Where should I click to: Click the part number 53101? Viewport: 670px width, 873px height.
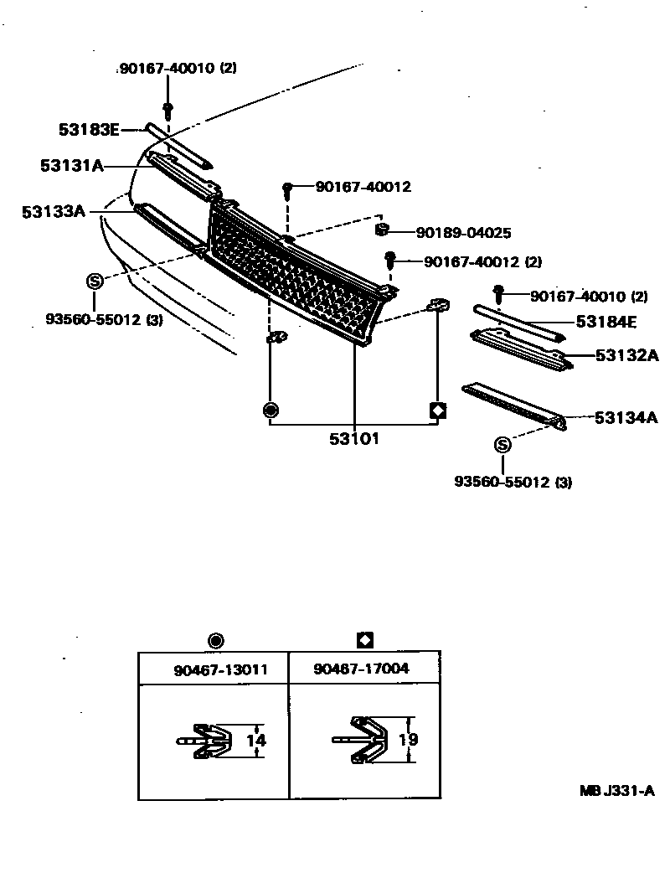tap(354, 438)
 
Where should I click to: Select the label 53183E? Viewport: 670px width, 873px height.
tap(90, 129)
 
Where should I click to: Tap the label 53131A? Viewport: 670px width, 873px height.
tap(71, 166)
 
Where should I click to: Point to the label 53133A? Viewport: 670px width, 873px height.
tap(54, 212)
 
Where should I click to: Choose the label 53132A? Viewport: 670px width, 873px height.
tap(627, 355)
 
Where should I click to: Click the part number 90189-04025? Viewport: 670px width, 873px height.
tap(463, 233)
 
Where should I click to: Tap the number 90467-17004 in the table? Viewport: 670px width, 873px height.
tap(363, 669)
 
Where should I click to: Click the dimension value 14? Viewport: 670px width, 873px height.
tap(255, 741)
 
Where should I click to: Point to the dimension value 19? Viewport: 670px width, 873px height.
tap(410, 740)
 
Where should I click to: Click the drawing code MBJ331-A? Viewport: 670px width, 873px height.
tap(617, 790)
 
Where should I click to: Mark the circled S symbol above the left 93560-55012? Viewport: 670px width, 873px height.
tap(95, 281)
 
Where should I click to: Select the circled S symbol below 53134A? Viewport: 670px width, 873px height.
tap(502, 445)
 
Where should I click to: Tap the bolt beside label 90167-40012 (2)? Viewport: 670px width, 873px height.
tap(389, 260)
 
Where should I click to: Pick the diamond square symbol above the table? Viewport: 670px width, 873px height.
tap(364, 641)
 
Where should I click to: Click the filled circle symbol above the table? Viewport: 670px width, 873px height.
tap(215, 642)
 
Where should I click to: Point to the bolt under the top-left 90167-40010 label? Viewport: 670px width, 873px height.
tap(168, 109)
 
